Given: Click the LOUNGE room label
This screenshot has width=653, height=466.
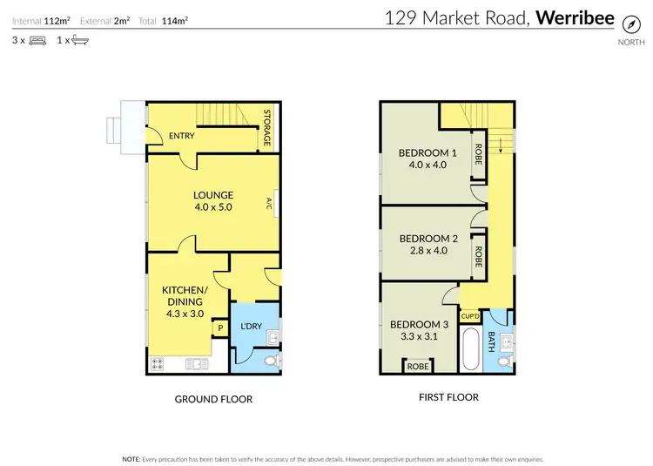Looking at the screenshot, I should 214,195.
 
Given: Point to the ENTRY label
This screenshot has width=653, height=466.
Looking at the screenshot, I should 182,136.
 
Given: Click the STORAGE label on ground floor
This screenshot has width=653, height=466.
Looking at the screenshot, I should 268,129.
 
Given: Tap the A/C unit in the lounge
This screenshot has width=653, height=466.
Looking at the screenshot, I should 271,204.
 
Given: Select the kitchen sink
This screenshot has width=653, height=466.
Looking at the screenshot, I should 194,364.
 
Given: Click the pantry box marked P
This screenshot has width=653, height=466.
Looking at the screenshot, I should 220,328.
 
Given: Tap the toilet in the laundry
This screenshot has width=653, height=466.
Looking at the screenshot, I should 269,360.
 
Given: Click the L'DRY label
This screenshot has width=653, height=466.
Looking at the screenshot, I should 251,326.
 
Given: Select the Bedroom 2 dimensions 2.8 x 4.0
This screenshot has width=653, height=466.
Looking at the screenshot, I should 427,251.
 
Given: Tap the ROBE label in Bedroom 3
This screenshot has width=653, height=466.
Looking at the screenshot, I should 418,366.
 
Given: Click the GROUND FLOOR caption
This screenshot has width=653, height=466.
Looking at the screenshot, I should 213,399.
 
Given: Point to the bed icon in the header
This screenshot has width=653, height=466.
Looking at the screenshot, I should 37,40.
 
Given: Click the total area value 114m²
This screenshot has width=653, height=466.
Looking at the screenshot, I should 174,19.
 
